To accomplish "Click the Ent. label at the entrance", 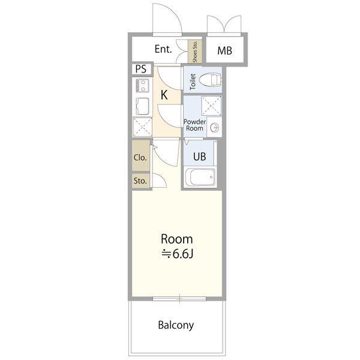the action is coord(163,49).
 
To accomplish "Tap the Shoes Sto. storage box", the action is coord(195,52).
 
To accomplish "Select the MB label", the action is coord(224,51).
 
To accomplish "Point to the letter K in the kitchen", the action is coord(164,95).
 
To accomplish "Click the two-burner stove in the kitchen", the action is coord(143,86).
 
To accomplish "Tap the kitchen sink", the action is coord(142,106).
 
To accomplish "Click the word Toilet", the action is coord(193,82).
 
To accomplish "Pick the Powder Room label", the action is coord(194,125).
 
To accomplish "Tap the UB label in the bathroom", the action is coord(199,157).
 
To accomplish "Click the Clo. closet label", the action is coord(140,158).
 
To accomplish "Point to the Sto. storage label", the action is coord(140,181).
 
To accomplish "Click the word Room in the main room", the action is coord(176,239).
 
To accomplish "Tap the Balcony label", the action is coord(176,325).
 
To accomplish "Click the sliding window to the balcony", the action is coord(179,299).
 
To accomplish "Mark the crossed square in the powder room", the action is coord(211,106).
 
